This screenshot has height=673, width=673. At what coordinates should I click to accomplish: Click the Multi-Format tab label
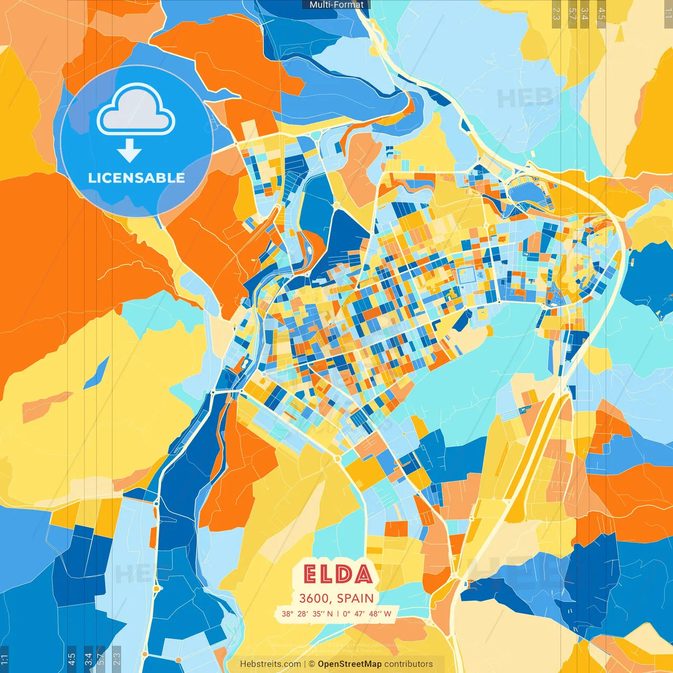pos(336,5)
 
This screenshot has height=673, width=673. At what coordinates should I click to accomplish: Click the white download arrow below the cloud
pos(129,152)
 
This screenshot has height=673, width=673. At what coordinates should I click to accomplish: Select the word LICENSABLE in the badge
pos(137,178)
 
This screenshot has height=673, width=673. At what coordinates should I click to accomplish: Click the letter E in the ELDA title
pos(311,575)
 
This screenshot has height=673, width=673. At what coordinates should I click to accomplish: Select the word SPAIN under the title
pos(355,598)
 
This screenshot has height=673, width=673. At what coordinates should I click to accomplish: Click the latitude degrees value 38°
pos(288,614)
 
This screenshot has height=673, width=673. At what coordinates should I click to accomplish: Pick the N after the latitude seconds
pos(330,614)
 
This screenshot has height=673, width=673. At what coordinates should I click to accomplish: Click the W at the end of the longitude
pos(388,614)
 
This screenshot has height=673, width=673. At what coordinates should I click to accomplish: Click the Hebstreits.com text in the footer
pos(270,664)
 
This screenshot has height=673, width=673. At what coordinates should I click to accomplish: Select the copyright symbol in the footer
pos(312,664)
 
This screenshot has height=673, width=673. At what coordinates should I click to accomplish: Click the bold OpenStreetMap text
pos(350,664)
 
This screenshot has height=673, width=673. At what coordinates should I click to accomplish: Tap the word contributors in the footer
pos(409,664)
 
